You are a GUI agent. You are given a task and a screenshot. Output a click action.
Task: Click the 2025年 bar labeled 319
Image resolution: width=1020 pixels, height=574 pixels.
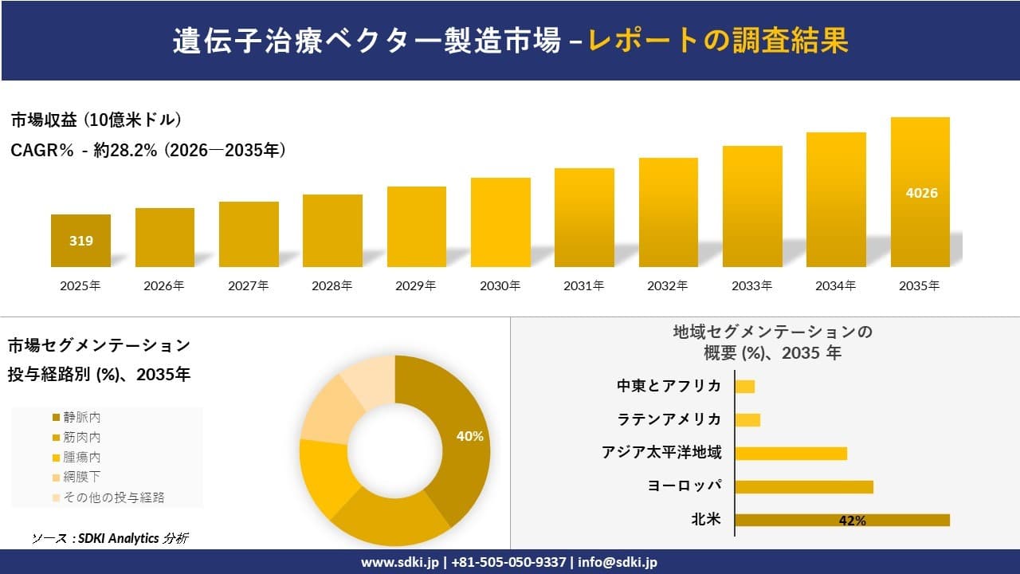(x=80, y=240)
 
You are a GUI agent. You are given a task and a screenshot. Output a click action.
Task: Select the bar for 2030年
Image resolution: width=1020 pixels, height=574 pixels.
(x=500, y=222)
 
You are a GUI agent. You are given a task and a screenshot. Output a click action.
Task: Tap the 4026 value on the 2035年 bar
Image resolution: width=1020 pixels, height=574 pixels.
(x=920, y=193)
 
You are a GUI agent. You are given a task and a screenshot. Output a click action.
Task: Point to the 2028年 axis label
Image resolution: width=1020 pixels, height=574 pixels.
(x=331, y=285)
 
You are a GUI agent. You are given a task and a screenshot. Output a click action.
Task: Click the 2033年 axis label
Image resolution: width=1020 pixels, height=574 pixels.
(x=752, y=285)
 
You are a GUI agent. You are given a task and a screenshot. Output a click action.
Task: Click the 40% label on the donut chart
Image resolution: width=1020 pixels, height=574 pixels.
(x=469, y=436)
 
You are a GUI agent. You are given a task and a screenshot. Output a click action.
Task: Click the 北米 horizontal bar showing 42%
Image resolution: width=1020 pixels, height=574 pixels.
(x=842, y=520)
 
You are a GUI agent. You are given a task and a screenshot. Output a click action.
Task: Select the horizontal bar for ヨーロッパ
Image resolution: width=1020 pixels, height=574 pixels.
(x=804, y=486)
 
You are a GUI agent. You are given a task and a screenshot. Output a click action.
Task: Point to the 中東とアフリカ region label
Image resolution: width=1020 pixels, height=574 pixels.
(x=669, y=386)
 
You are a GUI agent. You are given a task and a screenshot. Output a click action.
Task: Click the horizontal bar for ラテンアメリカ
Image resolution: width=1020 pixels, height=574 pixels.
(x=747, y=419)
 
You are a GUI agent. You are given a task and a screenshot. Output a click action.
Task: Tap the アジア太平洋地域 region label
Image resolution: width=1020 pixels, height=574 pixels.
(x=661, y=453)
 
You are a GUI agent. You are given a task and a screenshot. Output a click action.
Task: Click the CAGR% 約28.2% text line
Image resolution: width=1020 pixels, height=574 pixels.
(x=148, y=150)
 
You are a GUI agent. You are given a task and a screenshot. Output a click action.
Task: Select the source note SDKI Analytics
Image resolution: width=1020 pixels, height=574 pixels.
(x=110, y=538)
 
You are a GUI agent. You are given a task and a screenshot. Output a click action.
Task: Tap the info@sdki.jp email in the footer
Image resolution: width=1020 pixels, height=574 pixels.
(x=618, y=562)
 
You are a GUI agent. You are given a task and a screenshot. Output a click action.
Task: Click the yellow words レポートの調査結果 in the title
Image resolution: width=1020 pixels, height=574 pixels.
(x=718, y=41)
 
